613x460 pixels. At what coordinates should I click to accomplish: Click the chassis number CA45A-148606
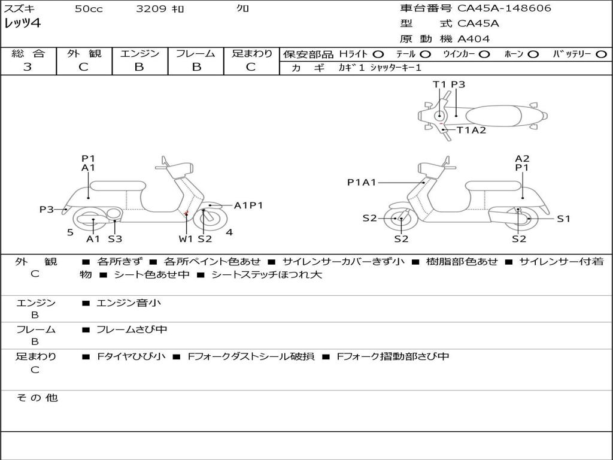504,8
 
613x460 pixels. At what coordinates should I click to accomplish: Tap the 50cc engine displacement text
89,9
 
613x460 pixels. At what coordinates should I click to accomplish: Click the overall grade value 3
28,67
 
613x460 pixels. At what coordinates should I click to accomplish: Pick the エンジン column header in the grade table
139,53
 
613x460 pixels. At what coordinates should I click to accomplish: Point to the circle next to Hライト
378,55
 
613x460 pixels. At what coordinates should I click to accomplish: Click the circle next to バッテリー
601,55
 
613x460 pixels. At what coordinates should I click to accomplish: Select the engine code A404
474,39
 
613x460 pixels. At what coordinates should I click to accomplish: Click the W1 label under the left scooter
186,239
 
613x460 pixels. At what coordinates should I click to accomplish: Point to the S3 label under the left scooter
115,239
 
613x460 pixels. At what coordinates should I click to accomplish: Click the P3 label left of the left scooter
47,210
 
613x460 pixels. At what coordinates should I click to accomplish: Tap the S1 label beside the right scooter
563,219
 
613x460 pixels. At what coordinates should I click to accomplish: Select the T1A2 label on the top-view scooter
471,130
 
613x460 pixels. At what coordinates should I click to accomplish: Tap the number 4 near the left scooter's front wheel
229,232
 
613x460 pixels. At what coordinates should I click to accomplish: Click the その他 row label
37,398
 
